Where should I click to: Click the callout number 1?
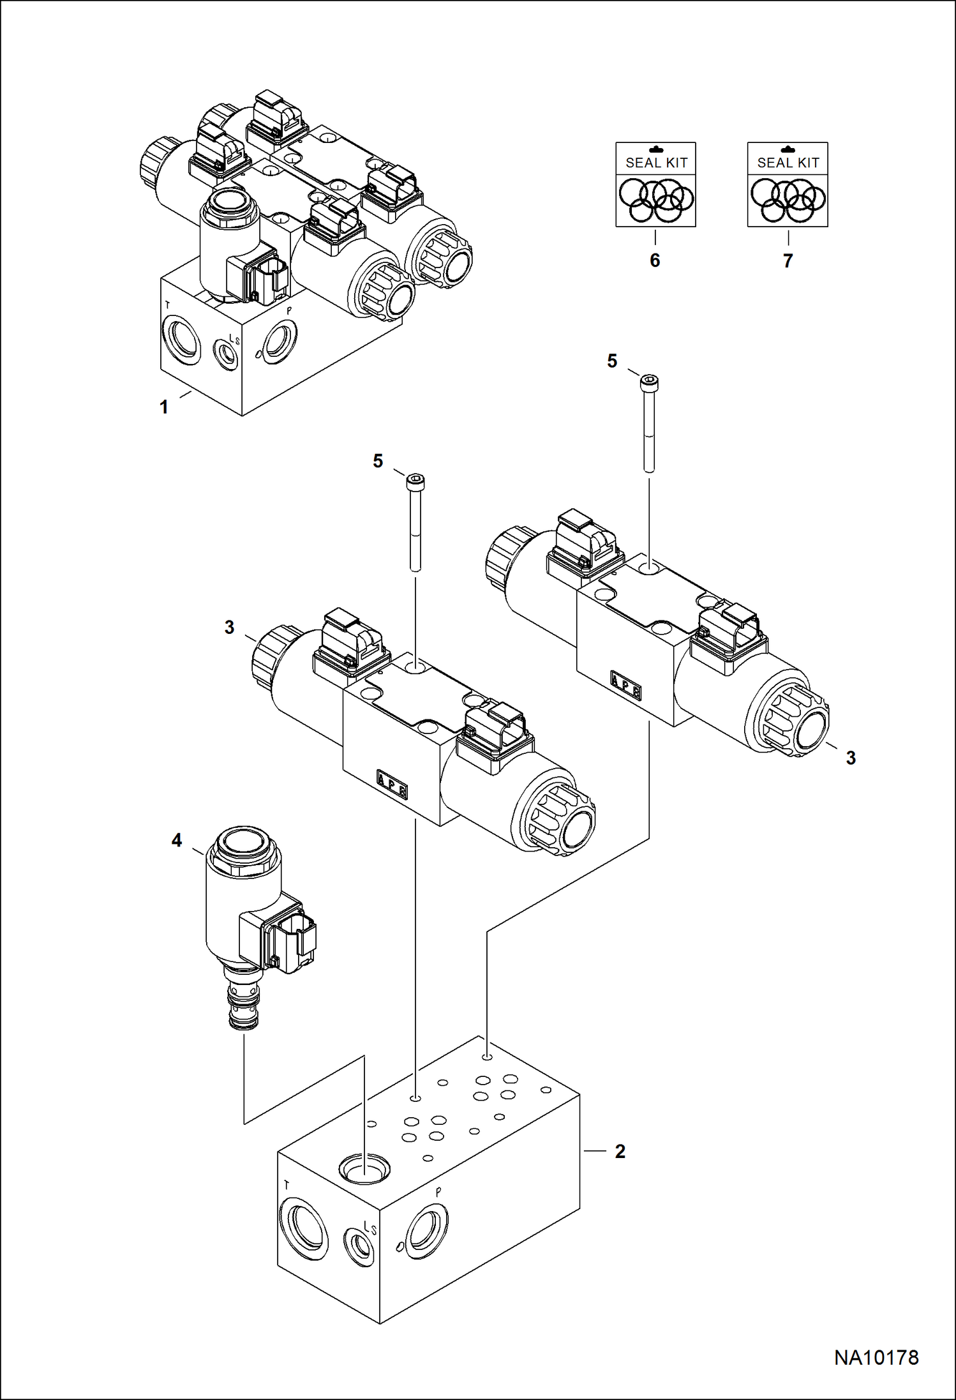click(x=164, y=407)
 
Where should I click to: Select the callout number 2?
click(x=620, y=1151)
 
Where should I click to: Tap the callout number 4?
click(x=177, y=840)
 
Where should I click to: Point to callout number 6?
click(x=655, y=260)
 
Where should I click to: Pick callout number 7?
click(x=788, y=260)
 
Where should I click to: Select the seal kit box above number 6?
click(x=655, y=184)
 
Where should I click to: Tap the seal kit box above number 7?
click(x=788, y=184)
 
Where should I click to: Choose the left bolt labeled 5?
click(x=415, y=522)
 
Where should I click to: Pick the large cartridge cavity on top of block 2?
click(x=364, y=1168)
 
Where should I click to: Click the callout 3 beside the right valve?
click(x=851, y=758)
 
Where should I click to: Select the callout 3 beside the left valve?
click(x=229, y=628)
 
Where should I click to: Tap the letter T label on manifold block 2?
click(x=286, y=1185)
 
